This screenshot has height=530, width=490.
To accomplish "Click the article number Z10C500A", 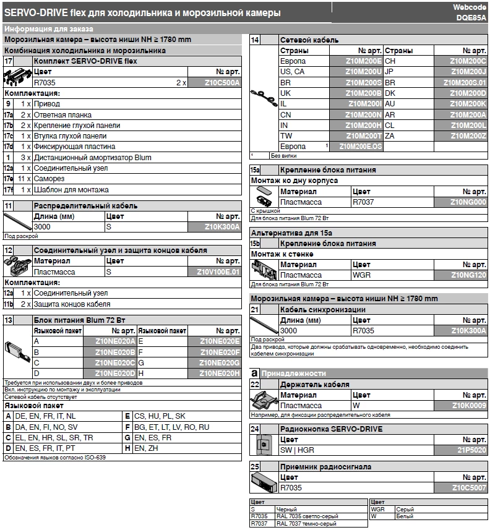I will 214,82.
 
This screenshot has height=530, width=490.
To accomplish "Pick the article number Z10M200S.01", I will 460,82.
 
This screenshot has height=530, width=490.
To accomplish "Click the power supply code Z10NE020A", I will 115,341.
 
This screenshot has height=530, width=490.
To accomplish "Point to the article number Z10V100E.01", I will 214,271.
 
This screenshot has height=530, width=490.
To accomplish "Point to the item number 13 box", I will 9,320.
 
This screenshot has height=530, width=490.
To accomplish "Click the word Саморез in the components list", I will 47,179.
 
